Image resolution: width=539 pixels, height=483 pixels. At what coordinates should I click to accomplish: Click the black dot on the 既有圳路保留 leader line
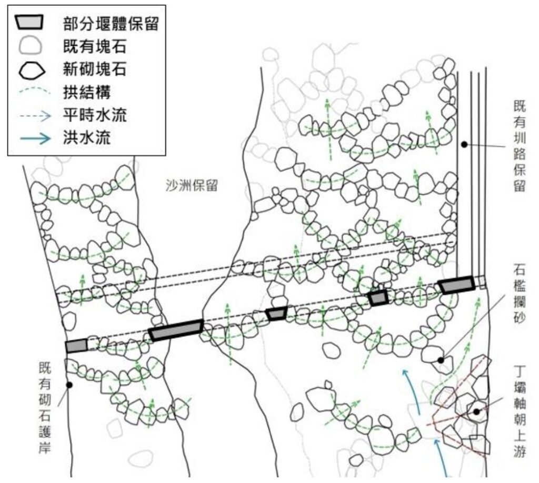[464, 144]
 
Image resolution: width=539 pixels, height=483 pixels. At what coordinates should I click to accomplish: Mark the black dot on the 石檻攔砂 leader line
[441, 360]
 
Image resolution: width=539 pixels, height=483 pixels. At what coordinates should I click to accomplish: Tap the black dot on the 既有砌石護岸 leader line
[69, 385]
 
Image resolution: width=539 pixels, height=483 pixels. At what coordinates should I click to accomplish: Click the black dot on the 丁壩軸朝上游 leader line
[476, 411]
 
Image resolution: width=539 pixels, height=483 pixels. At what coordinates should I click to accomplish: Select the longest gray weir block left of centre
[176, 330]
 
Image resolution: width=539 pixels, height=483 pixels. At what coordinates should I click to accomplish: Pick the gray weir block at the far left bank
[76, 346]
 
